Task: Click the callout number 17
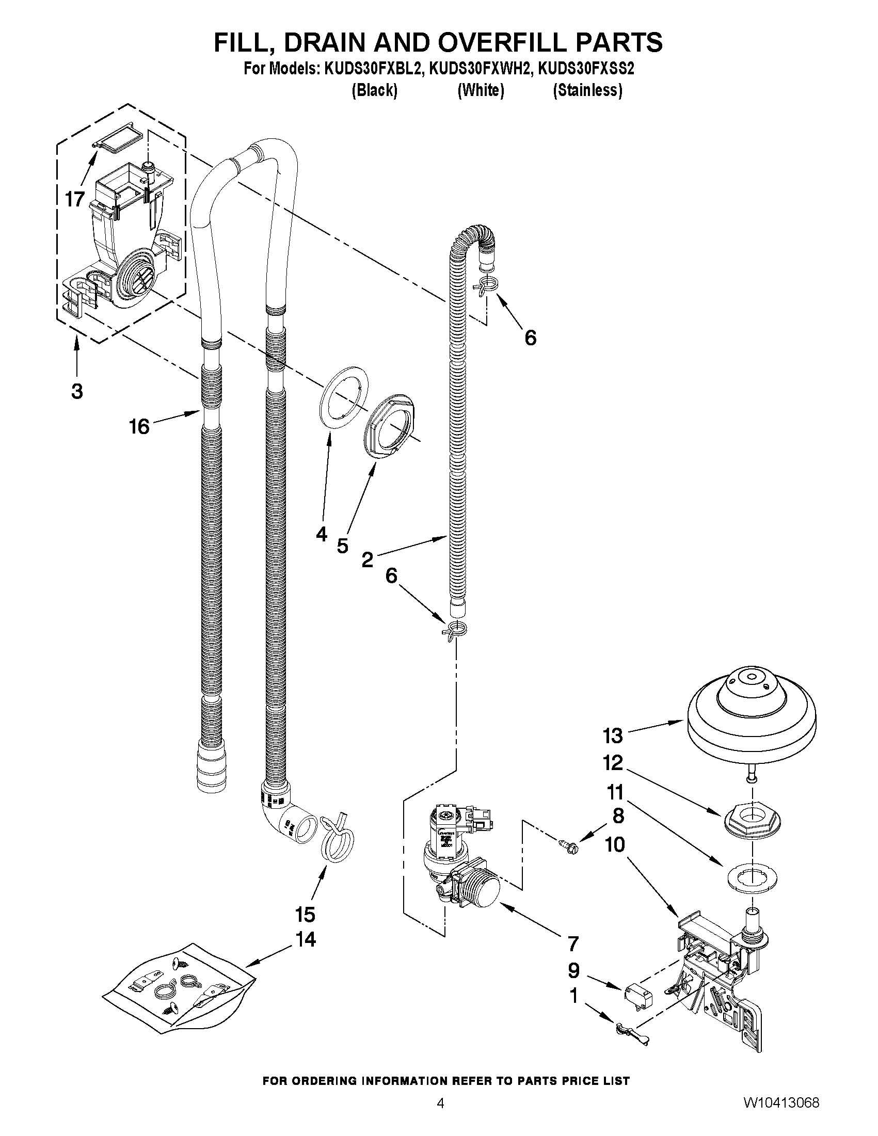click(x=75, y=199)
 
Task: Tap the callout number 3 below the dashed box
click(x=77, y=391)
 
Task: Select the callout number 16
click(x=139, y=426)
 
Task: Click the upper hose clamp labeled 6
click(x=486, y=285)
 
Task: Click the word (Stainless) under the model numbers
click(x=588, y=90)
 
